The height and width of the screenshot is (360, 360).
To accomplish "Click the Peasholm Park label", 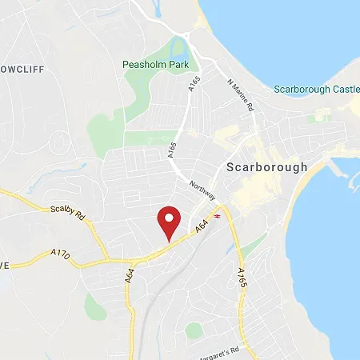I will pos(154,64).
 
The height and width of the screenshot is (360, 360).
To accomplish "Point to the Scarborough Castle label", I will pos(316,89).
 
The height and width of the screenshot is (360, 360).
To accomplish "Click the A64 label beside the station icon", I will pos(203,228).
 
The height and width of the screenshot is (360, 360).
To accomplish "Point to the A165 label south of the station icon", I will pos(241,278).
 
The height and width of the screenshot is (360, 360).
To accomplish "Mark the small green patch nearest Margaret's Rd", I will pos(194,329).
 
